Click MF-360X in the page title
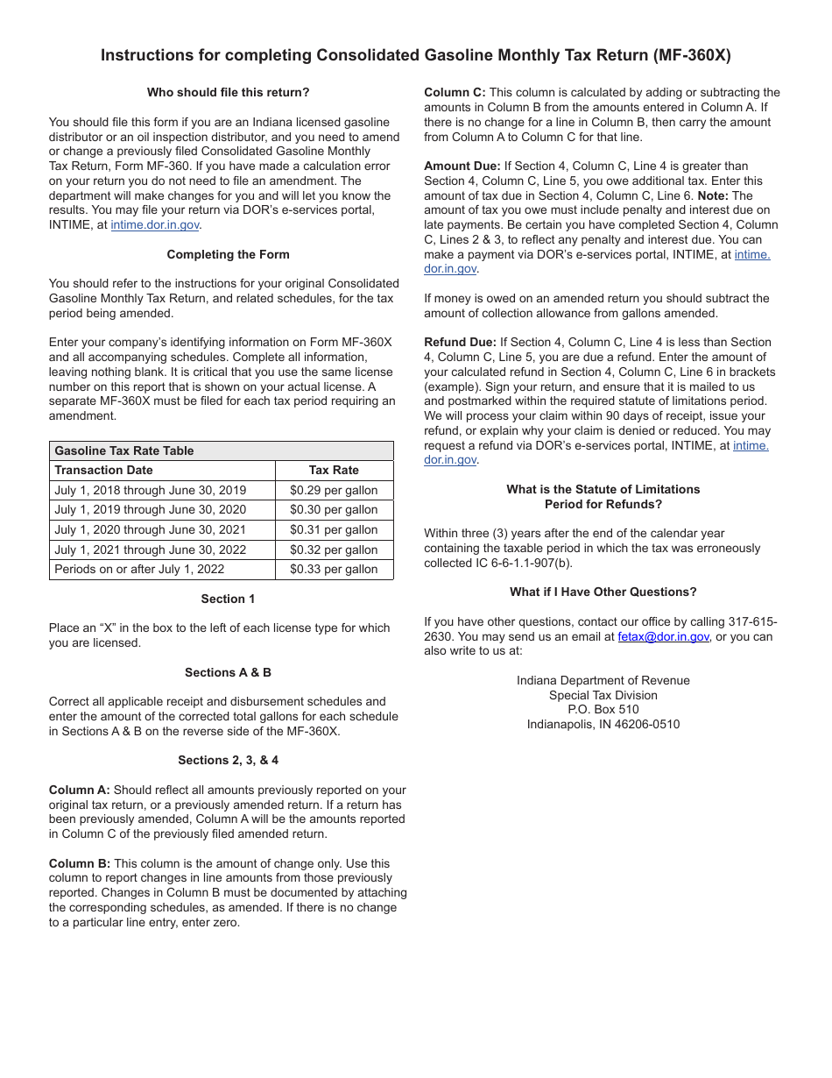coord(692,55)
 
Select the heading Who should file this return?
coord(228,92)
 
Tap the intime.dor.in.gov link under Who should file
coord(155,225)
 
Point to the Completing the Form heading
coord(228,254)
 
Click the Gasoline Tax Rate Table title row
coord(124,450)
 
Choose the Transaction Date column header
coord(103,470)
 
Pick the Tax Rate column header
coord(334,470)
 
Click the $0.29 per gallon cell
coord(334,490)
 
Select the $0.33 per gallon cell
coord(334,569)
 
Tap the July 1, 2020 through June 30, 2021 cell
coord(150,529)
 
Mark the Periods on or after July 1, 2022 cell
coord(139,569)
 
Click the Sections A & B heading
coord(228,672)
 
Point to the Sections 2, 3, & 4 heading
coord(228,760)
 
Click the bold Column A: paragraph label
coord(80,790)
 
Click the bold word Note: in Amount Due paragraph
coord(713,195)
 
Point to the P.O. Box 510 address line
coord(603,709)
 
